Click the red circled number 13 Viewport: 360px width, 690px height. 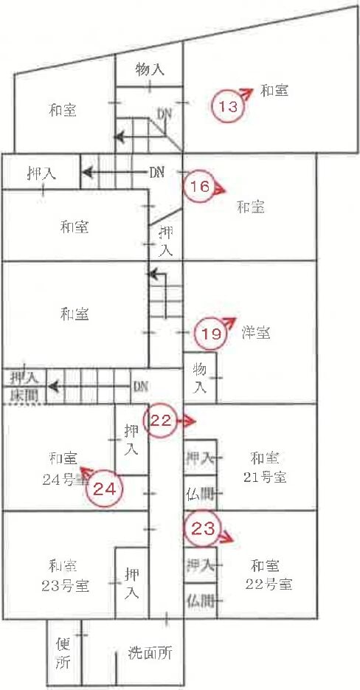coord(229,106)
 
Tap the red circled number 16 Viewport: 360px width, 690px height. coord(199,187)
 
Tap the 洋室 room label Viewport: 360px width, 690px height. coord(256,333)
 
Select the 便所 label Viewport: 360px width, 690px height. coord(63,655)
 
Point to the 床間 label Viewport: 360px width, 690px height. coord(24,396)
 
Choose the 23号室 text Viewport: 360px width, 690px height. coord(66,586)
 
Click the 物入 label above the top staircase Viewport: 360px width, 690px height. coord(150,69)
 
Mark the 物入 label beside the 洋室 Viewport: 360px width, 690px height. coord(199,379)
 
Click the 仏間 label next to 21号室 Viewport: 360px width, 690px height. coord(201,494)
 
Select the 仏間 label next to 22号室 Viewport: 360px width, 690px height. coord(201,600)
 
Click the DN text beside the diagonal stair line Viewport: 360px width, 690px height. coord(164,114)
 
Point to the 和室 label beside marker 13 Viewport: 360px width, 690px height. coord(274,91)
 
